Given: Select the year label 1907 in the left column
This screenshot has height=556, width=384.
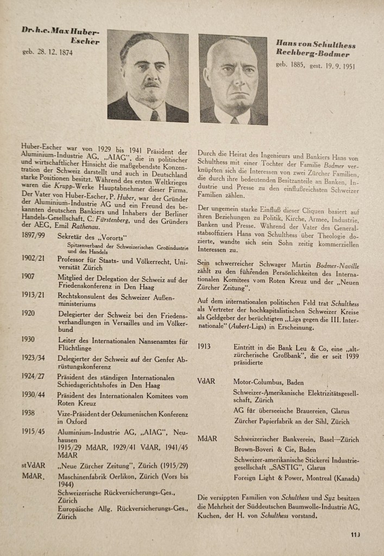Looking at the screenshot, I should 28,277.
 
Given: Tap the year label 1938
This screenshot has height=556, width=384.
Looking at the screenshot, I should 29,412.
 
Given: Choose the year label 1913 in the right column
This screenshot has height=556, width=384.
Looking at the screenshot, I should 205,346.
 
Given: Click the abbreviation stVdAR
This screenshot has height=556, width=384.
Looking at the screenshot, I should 33,465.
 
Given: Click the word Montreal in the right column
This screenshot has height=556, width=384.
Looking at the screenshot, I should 317,478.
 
